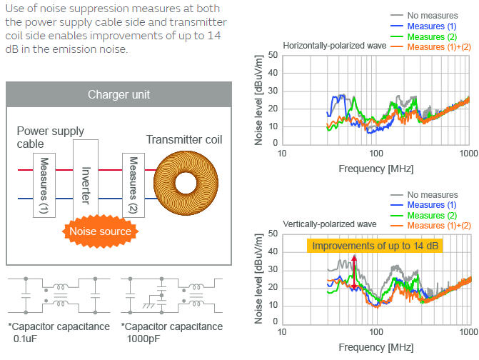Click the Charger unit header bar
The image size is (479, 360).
pyautogui.click(x=119, y=94)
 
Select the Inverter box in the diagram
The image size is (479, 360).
pyautogui.click(x=85, y=184)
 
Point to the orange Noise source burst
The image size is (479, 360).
pyautogui.click(x=99, y=231)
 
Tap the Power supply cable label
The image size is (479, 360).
pyautogui.click(x=50, y=137)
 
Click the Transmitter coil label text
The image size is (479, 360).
pyautogui.click(x=183, y=140)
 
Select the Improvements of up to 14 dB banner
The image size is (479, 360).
pyautogui.click(x=376, y=246)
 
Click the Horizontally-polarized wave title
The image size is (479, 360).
pyautogui.click(x=334, y=46)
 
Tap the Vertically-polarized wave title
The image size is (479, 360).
pyautogui.click(x=329, y=224)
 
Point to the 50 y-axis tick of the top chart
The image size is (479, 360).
pyautogui.click(x=273, y=55)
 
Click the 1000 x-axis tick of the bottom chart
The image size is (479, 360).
pyautogui.click(x=468, y=333)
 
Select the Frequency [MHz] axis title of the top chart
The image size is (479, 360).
pyautogui.click(x=375, y=169)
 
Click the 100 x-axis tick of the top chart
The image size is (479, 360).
pyautogui.click(x=375, y=154)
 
